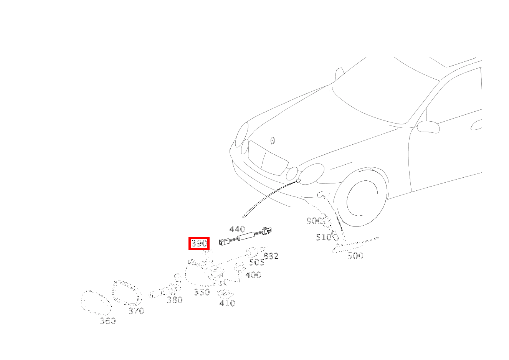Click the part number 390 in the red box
pyautogui.click(x=199, y=243)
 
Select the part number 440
pyautogui.click(x=237, y=230)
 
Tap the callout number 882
pyautogui.click(x=271, y=256)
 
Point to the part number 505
pyautogui.click(x=256, y=263)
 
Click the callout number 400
pyautogui.click(x=253, y=275)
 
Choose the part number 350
pyautogui.click(x=202, y=292)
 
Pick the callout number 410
pyautogui.click(x=227, y=303)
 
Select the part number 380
pyautogui.click(x=175, y=300)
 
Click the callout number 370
pyautogui.click(x=136, y=311)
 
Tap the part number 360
pyautogui.click(x=107, y=321)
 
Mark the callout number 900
pyautogui.click(x=314, y=221)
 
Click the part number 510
pyautogui.click(x=324, y=238)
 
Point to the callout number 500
pyautogui.click(x=355, y=256)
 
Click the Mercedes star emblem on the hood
pyautogui.click(x=273, y=141)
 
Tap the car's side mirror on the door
pyautogui.click(x=428, y=126)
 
